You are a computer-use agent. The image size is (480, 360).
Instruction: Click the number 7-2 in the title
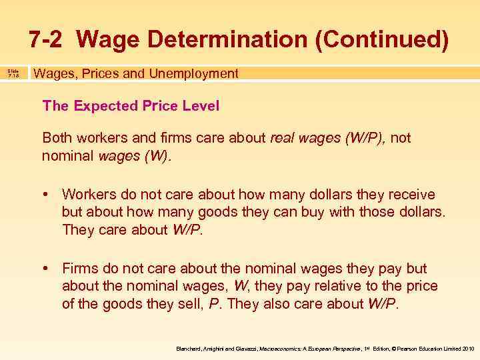point(47,39)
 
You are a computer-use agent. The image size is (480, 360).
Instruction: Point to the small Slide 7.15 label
point(13,74)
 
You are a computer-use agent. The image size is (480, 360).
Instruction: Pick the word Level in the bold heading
point(202,105)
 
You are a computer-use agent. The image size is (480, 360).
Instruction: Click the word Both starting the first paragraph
point(56,138)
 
